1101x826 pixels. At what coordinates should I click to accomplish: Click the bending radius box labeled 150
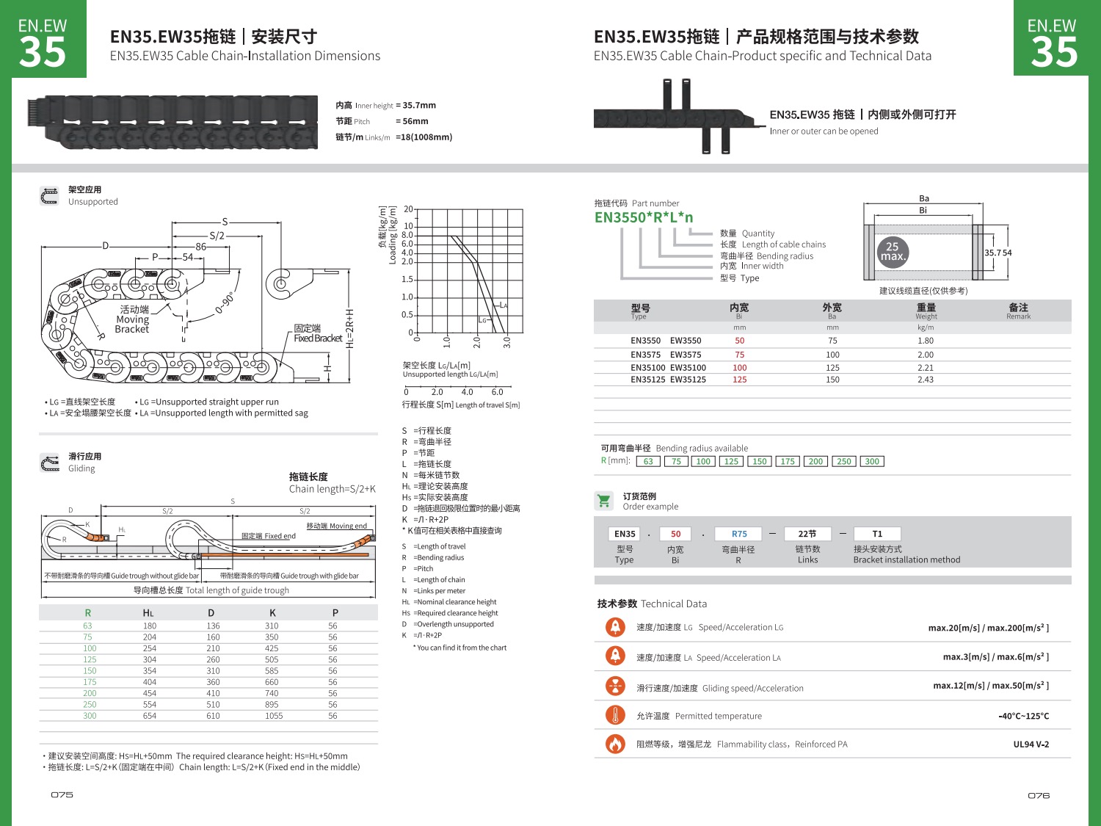click(759, 462)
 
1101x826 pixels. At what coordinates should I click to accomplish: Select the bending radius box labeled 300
click(872, 462)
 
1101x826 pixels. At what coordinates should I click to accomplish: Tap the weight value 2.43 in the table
click(926, 380)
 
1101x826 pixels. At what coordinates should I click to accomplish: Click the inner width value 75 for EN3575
click(739, 355)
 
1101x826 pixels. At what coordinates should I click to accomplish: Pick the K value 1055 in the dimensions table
click(274, 716)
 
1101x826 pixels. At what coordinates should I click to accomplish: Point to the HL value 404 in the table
click(150, 682)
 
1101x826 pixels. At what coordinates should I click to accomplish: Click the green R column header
click(88, 613)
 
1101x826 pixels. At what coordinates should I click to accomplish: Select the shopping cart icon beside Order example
click(604, 501)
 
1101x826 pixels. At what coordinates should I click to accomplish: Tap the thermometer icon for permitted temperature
click(615, 715)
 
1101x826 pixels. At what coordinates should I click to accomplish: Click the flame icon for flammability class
click(615, 744)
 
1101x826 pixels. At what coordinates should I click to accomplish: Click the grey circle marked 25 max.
click(893, 252)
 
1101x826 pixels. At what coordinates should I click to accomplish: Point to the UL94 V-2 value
click(1031, 745)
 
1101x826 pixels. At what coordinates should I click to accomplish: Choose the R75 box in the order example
click(739, 535)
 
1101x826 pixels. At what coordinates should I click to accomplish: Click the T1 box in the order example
click(877, 535)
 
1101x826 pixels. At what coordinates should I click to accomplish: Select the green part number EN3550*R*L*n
click(644, 217)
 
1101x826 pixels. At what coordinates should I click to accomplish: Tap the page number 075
click(62, 795)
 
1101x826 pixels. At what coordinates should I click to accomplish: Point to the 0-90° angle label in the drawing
click(225, 302)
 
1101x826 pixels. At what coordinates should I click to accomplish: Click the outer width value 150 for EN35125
click(832, 380)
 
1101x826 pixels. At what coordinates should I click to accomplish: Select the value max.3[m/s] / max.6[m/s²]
click(995, 657)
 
